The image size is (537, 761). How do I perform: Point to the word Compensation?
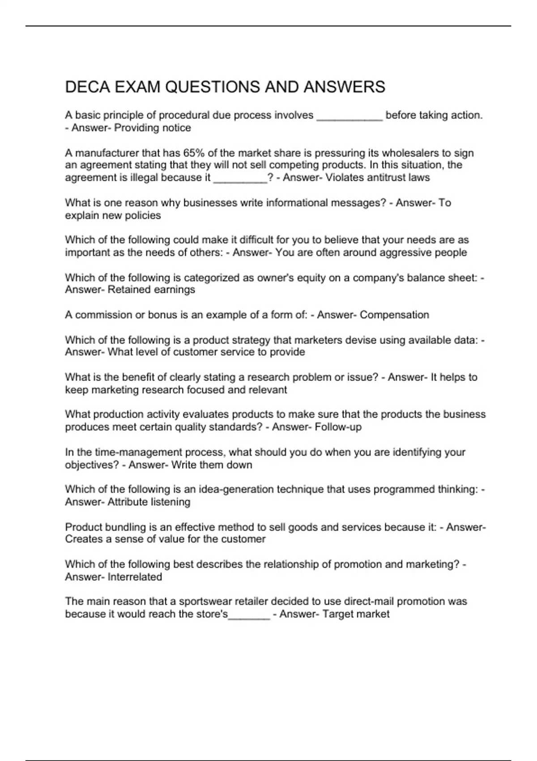pos(394,315)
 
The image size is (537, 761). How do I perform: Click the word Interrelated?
pos(135,577)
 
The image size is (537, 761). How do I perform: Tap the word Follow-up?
pos(338,427)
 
